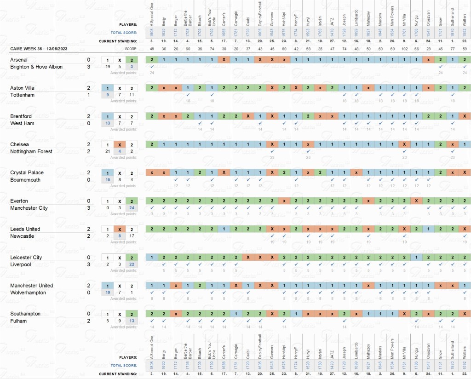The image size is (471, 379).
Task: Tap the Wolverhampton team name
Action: click(28, 293)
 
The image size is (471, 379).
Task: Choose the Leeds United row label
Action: click(25, 229)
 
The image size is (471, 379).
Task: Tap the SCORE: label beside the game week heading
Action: click(131, 48)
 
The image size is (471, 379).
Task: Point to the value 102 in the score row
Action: click(403, 48)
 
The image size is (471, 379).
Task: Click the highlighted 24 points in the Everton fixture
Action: click(132, 208)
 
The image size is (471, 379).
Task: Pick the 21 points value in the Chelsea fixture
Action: click(108, 151)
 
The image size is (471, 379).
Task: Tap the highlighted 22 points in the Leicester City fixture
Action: click(132, 264)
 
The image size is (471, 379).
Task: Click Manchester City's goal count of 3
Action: click(89, 208)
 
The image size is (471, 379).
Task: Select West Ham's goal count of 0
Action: click(89, 123)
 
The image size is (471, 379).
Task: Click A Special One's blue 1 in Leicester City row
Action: click(151, 257)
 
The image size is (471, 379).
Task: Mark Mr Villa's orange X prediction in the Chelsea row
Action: click(403, 144)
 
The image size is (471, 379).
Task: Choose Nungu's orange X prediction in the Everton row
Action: click(416, 201)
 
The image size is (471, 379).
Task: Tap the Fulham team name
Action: click(18, 321)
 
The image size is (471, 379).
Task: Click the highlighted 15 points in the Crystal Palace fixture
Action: click(108, 180)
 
